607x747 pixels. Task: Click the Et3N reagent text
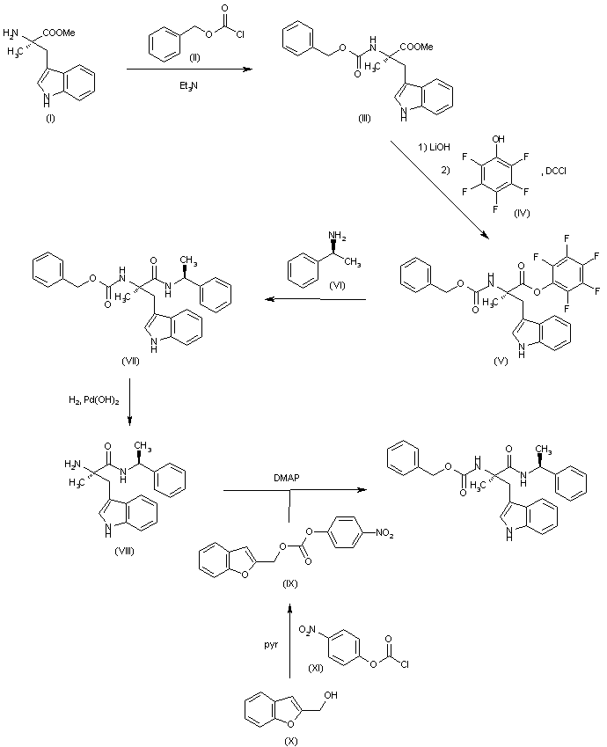point(185,85)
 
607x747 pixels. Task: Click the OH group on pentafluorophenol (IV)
point(500,138)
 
